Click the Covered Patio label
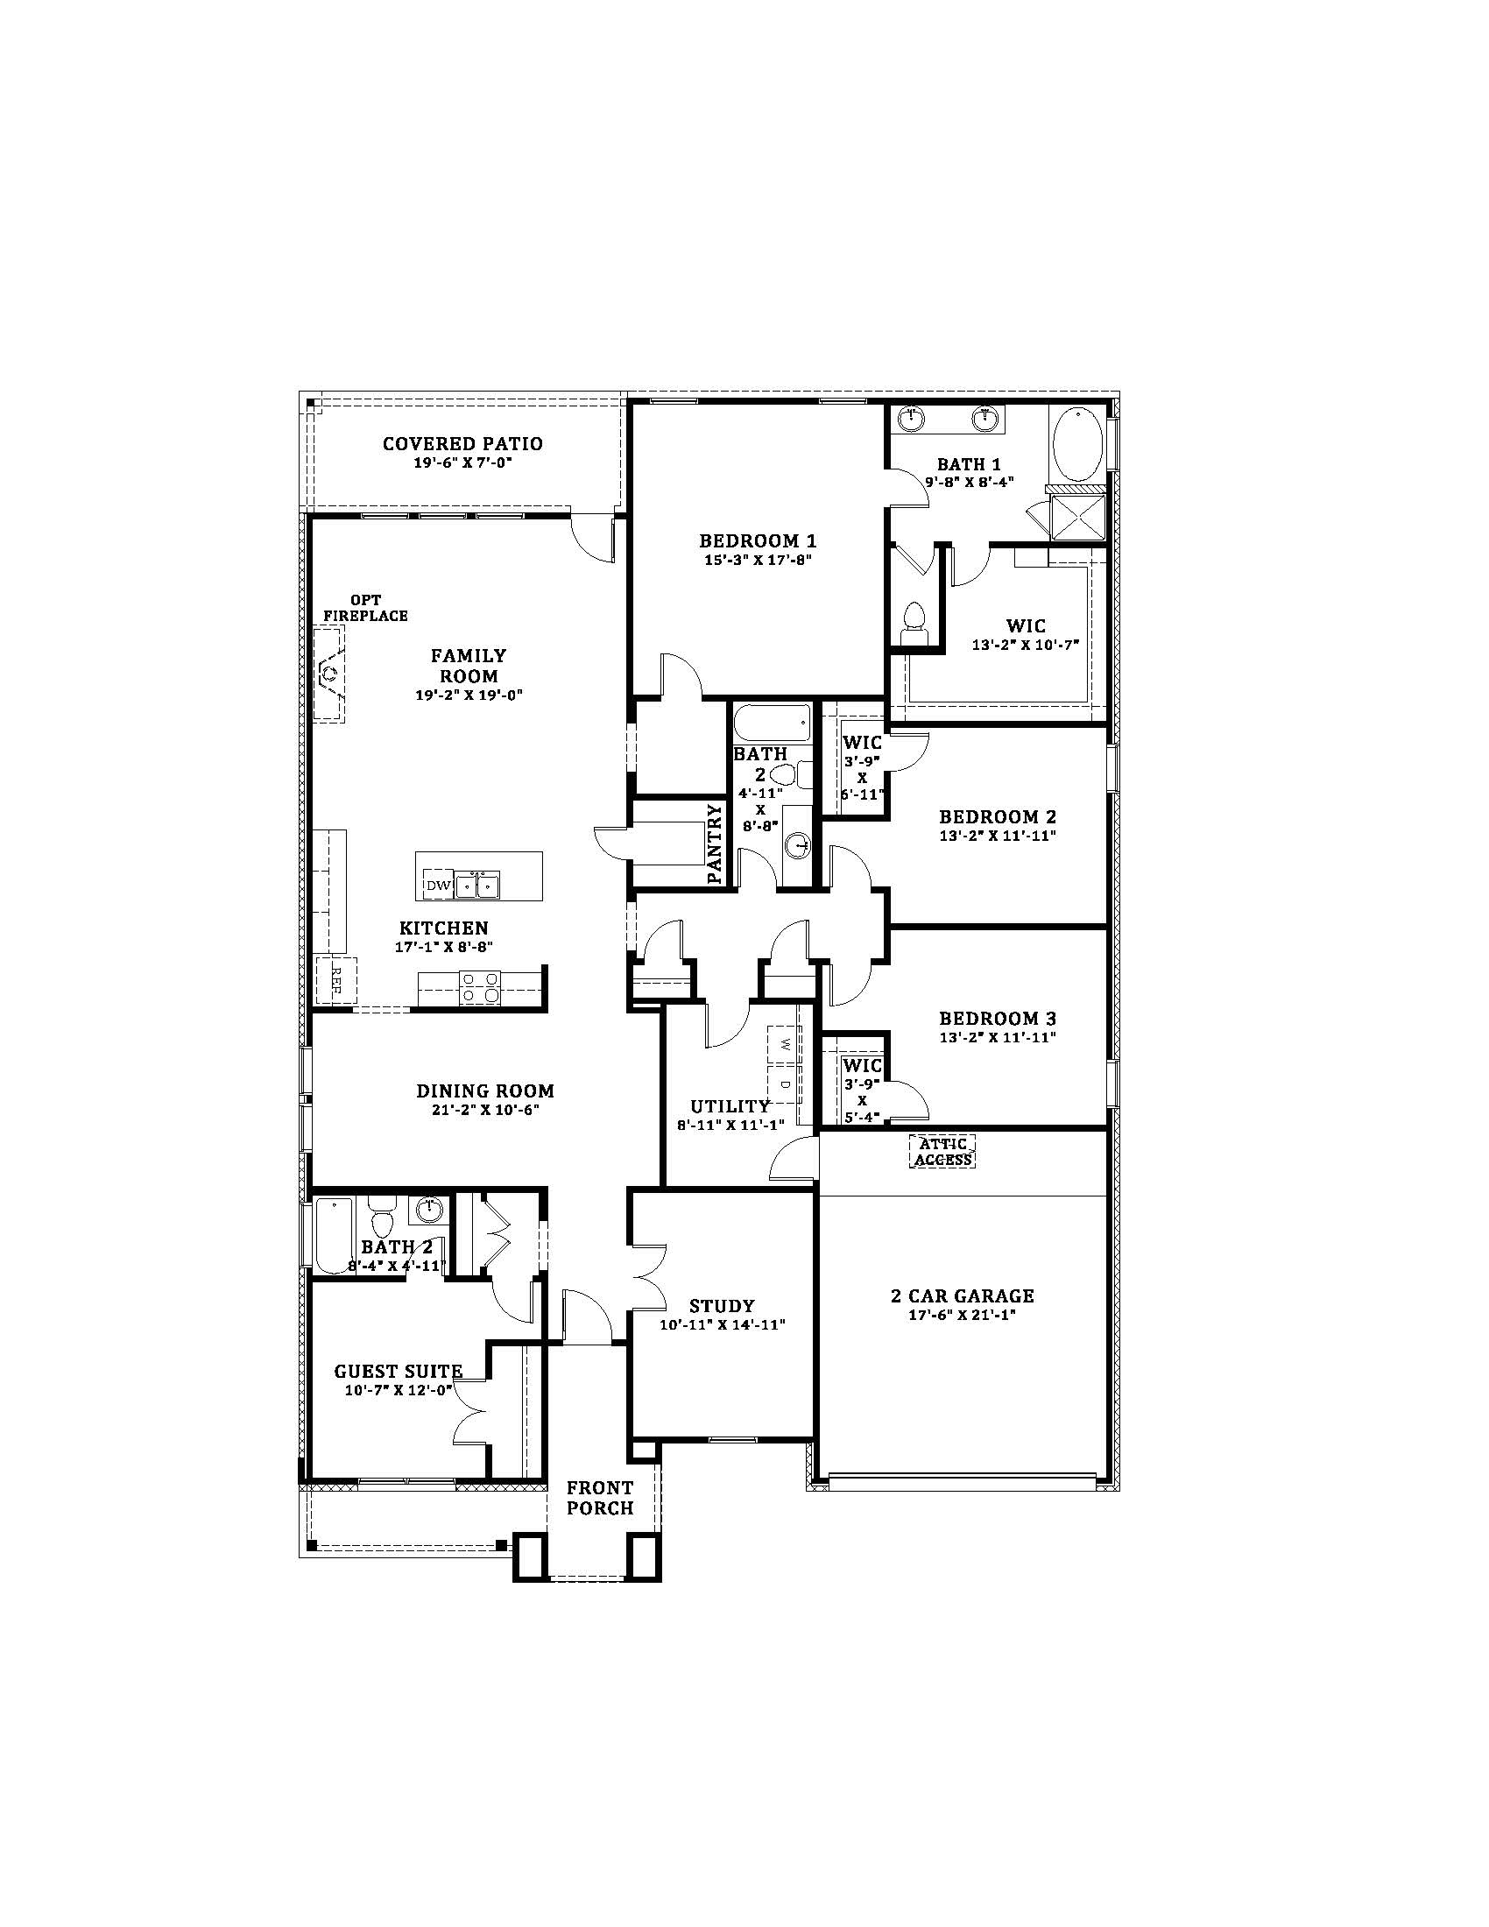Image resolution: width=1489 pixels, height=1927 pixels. coord(462,444)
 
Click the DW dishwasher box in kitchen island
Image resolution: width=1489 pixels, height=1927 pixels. coord(439,885)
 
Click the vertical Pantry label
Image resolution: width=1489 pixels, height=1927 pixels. coord(716,844)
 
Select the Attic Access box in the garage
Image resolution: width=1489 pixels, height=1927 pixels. coord(943,1151)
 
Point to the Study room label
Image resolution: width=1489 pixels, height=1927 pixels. coord(722,1306)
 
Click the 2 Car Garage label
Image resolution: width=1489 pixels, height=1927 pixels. coord(962,1296)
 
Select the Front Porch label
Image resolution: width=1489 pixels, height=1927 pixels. coord(600,1498)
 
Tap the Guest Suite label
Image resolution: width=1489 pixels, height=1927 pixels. coord(398,1372)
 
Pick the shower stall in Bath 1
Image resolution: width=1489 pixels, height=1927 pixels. coord(1077,514)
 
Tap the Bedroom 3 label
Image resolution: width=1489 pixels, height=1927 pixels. coord(997,1018)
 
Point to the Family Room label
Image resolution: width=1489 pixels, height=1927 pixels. coord(469,666)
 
